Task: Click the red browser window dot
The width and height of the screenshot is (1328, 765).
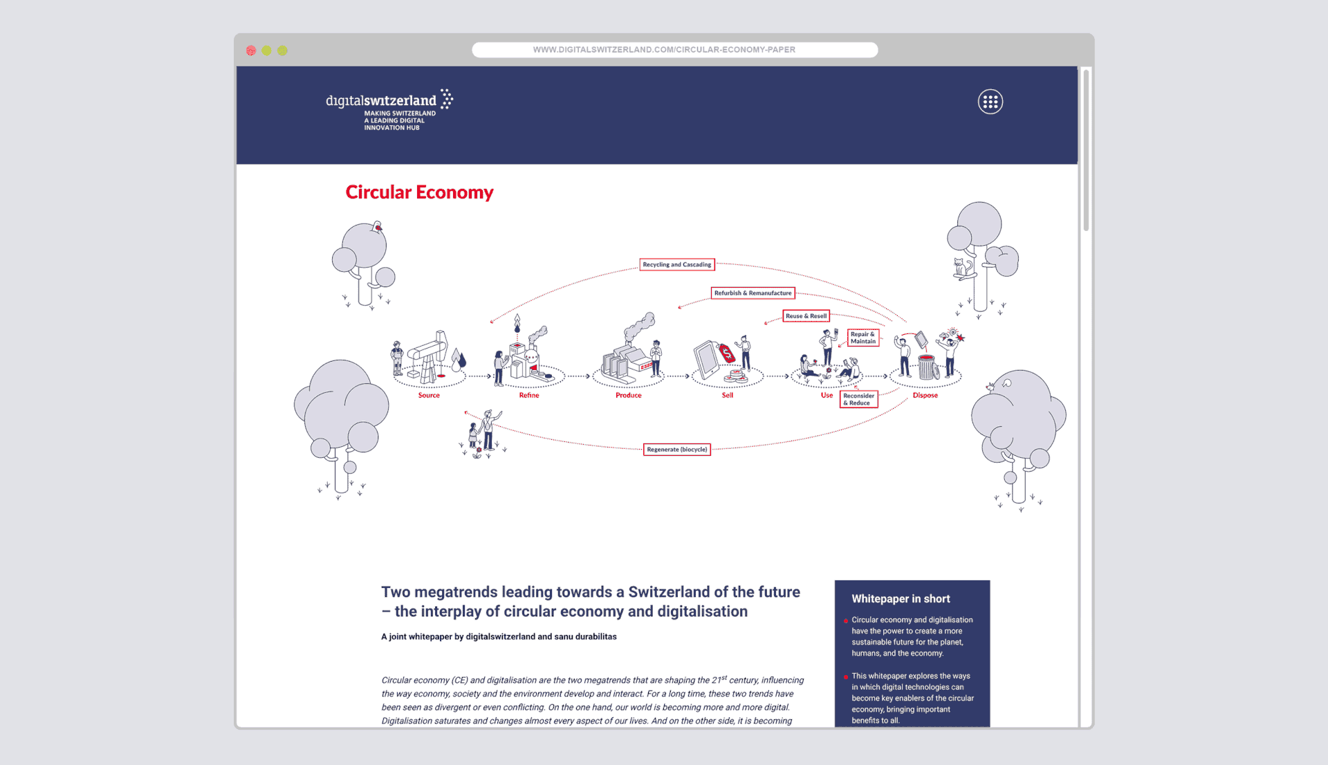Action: pyautogui.click(x=251, y=50)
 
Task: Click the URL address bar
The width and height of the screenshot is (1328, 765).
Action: pyautogui.click(x=674, y=50)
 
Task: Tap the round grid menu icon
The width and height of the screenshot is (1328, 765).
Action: pyautogui.click(x=990, y=102)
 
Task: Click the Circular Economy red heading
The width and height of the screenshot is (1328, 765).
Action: pyautogui.click(x=419, y=192)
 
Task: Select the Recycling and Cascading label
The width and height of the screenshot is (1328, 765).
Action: pyautogui.click(x=676, y=265)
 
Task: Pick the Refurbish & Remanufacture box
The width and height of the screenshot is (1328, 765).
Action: pyautogui.click(x=753, y=293)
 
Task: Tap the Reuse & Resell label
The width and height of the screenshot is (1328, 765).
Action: pyautogui.click(x=806, y=316)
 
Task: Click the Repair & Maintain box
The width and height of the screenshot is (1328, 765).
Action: pyautogui.click(x=863, y=338)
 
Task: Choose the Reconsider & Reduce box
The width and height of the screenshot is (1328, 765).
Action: pyautogui.click(x=858, y=399)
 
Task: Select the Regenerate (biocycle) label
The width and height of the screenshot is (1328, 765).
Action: pyautogui.click(x=676, y=450)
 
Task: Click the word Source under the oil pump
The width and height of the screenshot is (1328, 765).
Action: pyautogui.click(x=429, y=396)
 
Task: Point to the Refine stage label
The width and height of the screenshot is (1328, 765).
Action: pyautogui.click(x=529, y=396)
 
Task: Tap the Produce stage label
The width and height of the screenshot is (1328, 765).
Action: pyautogui.click(x=628, y=396)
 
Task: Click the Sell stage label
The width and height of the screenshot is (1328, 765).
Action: pyautogui.click(x=728, y=396)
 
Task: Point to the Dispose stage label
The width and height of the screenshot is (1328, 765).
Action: pyautogui.click(x=925, y=396)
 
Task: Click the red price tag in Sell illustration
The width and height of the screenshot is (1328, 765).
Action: pyautogui.click(x=727, y=354)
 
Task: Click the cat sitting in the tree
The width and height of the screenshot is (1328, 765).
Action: pyautogui.click(x=961, y=268)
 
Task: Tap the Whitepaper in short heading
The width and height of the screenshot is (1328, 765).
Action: pyautogui.click(x=901, y=599)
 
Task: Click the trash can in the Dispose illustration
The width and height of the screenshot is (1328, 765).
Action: pyautogui.click(x=927, y=367)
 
